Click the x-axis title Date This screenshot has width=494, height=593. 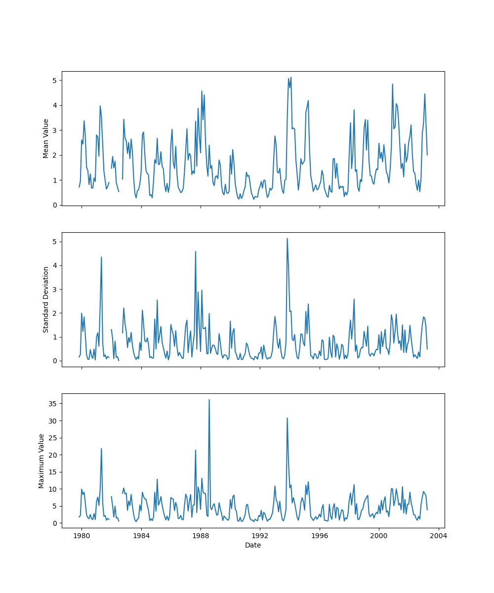click(253, 545)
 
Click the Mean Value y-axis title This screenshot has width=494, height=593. click(46, 138)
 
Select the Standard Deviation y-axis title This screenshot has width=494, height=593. click(46, 299)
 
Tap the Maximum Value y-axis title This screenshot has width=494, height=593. click(41, 461)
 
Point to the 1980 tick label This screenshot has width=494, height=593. click(82, 536)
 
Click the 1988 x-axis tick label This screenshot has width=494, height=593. click(201, 536)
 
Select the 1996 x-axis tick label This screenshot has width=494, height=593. click(320, 536)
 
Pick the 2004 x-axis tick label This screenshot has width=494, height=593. click(439, 536)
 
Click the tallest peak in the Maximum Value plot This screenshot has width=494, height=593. click(209, 399)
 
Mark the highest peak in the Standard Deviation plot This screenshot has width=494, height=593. click(287, 238)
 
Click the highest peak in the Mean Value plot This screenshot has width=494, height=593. click(291, 77)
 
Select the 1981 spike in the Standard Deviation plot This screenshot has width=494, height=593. click(101, 257)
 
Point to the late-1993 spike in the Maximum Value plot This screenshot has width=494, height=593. click(287, 418)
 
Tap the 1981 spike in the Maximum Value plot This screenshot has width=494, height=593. click(101, 449)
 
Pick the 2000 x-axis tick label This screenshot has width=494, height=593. click(379, 536)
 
